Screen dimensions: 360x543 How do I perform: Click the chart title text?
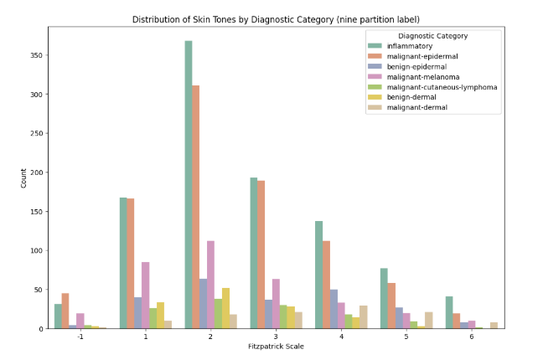pyautogui.click(x=277, y=19)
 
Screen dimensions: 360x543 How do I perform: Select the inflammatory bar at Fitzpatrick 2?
pyautogui.click(x=189, y=184)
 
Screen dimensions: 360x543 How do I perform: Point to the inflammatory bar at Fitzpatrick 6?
pyautogui.click(x=448, y=312)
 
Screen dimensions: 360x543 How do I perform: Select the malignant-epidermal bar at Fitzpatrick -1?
pyautogui.click(x=65, y=311)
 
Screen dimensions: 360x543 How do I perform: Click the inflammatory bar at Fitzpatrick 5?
pyautogui.click(x=383, y=298)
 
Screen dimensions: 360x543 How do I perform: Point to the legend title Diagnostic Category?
pyautogui.click(x=432, y=36)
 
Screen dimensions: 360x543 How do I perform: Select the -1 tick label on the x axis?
pyautogui.click(x=80, y=337)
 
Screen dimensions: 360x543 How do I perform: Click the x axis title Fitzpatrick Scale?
pyautogui.click(x=276, y=347)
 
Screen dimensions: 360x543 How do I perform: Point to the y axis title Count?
pyautogui.click(x=23, y=177)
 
